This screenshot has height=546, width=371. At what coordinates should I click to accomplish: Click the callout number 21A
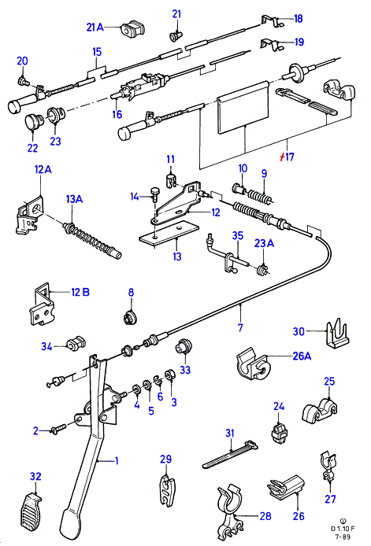[95, 27]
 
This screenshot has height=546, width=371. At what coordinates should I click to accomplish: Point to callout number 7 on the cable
[240, 327]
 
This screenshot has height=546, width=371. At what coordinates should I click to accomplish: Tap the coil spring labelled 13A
[92, 240]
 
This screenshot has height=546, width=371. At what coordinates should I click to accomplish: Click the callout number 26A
[302, 356]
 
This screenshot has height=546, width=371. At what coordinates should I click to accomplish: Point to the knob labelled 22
[34, 121]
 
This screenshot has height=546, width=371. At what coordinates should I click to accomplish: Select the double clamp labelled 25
[319, 411]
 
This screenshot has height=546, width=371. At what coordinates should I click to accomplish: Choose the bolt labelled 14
[154, 194]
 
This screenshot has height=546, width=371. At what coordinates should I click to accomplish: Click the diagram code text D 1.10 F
[343, 528]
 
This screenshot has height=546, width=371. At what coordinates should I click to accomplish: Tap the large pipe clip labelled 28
[229, 509]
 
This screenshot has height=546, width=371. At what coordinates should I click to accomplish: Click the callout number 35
[238, 235]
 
